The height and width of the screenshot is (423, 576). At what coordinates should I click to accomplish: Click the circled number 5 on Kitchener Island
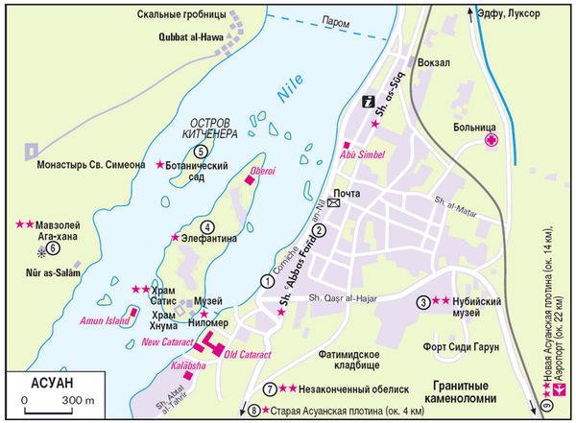(x=200, y=151)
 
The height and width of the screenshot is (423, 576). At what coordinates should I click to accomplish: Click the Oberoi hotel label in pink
(x=262, y=169)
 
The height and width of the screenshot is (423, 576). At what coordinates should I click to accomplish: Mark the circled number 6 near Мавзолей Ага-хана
(x=54, y=247)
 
